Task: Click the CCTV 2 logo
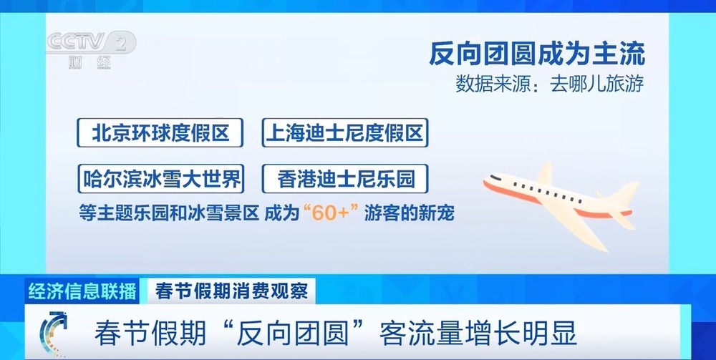[90, 44]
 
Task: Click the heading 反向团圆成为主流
[537, 54]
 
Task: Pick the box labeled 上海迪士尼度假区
[345, 132]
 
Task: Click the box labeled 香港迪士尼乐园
[345, 177]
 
